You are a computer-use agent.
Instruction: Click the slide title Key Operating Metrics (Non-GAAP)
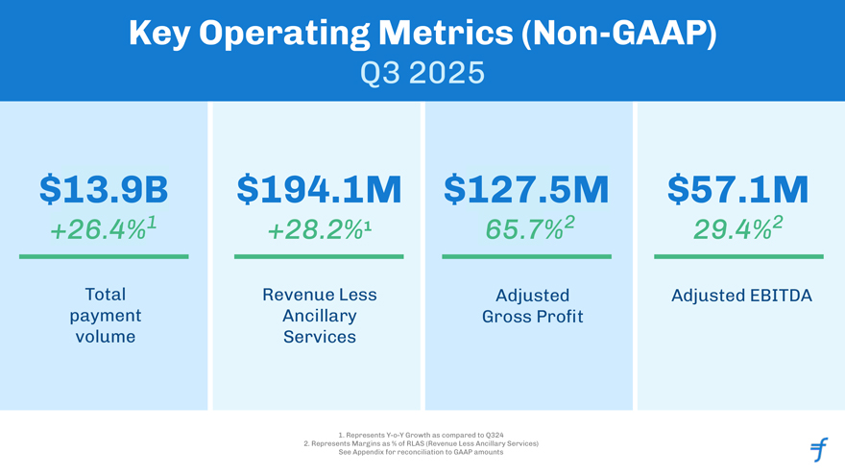coord(422,35)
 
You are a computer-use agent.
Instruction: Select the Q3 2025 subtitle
coord(422,72)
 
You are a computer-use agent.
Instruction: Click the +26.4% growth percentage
coord(104,231)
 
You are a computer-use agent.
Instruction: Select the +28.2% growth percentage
coord(318,231)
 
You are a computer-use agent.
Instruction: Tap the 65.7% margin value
coord(526,231)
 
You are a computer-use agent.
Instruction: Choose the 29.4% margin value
coord(738,231)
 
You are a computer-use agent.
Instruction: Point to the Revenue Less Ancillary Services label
coord(319,316)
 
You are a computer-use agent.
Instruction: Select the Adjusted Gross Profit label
coord(532,306)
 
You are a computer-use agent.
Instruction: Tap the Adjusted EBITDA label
coord(741,296)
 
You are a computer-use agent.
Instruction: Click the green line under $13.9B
coord(104,256)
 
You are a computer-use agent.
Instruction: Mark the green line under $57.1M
coord(738,256)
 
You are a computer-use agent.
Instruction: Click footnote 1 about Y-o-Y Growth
coord(422,435)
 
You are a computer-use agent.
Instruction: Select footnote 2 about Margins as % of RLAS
coord(422,443)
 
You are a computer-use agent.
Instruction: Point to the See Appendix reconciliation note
coord(422,452)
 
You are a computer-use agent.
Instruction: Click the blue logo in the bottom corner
coord(818,448)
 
